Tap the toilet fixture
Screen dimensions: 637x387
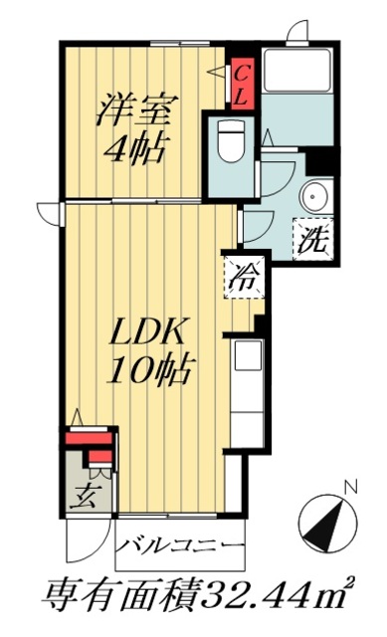(x=228, y=141)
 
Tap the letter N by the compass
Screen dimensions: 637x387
(x=349, y=488)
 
